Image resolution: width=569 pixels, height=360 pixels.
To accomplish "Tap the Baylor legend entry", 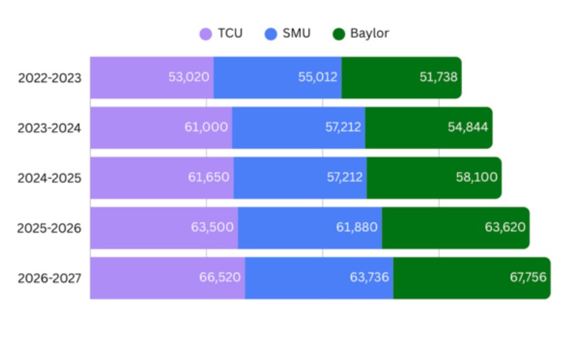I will point(361,33).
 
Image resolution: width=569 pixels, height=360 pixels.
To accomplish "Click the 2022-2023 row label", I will point(50,78).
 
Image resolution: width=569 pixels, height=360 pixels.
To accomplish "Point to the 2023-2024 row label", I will point(50,128).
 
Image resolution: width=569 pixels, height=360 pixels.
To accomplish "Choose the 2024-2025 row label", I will point(50,178).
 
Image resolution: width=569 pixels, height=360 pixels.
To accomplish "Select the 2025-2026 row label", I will point(50,228).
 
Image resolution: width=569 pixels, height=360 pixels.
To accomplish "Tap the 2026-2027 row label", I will point(50,278).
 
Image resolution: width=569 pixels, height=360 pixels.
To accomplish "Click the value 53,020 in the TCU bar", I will point(189,77).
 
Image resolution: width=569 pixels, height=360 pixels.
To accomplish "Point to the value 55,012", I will point(318,77).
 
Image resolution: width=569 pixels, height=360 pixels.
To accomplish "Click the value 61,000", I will point(206,127).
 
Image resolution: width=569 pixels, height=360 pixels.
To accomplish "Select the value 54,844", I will point(468,127).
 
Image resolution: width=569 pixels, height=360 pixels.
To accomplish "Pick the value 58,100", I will point(477,177).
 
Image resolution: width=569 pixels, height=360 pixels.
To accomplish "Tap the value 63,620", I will point(505,227).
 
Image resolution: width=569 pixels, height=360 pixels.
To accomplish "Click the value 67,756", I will point(526,277).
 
